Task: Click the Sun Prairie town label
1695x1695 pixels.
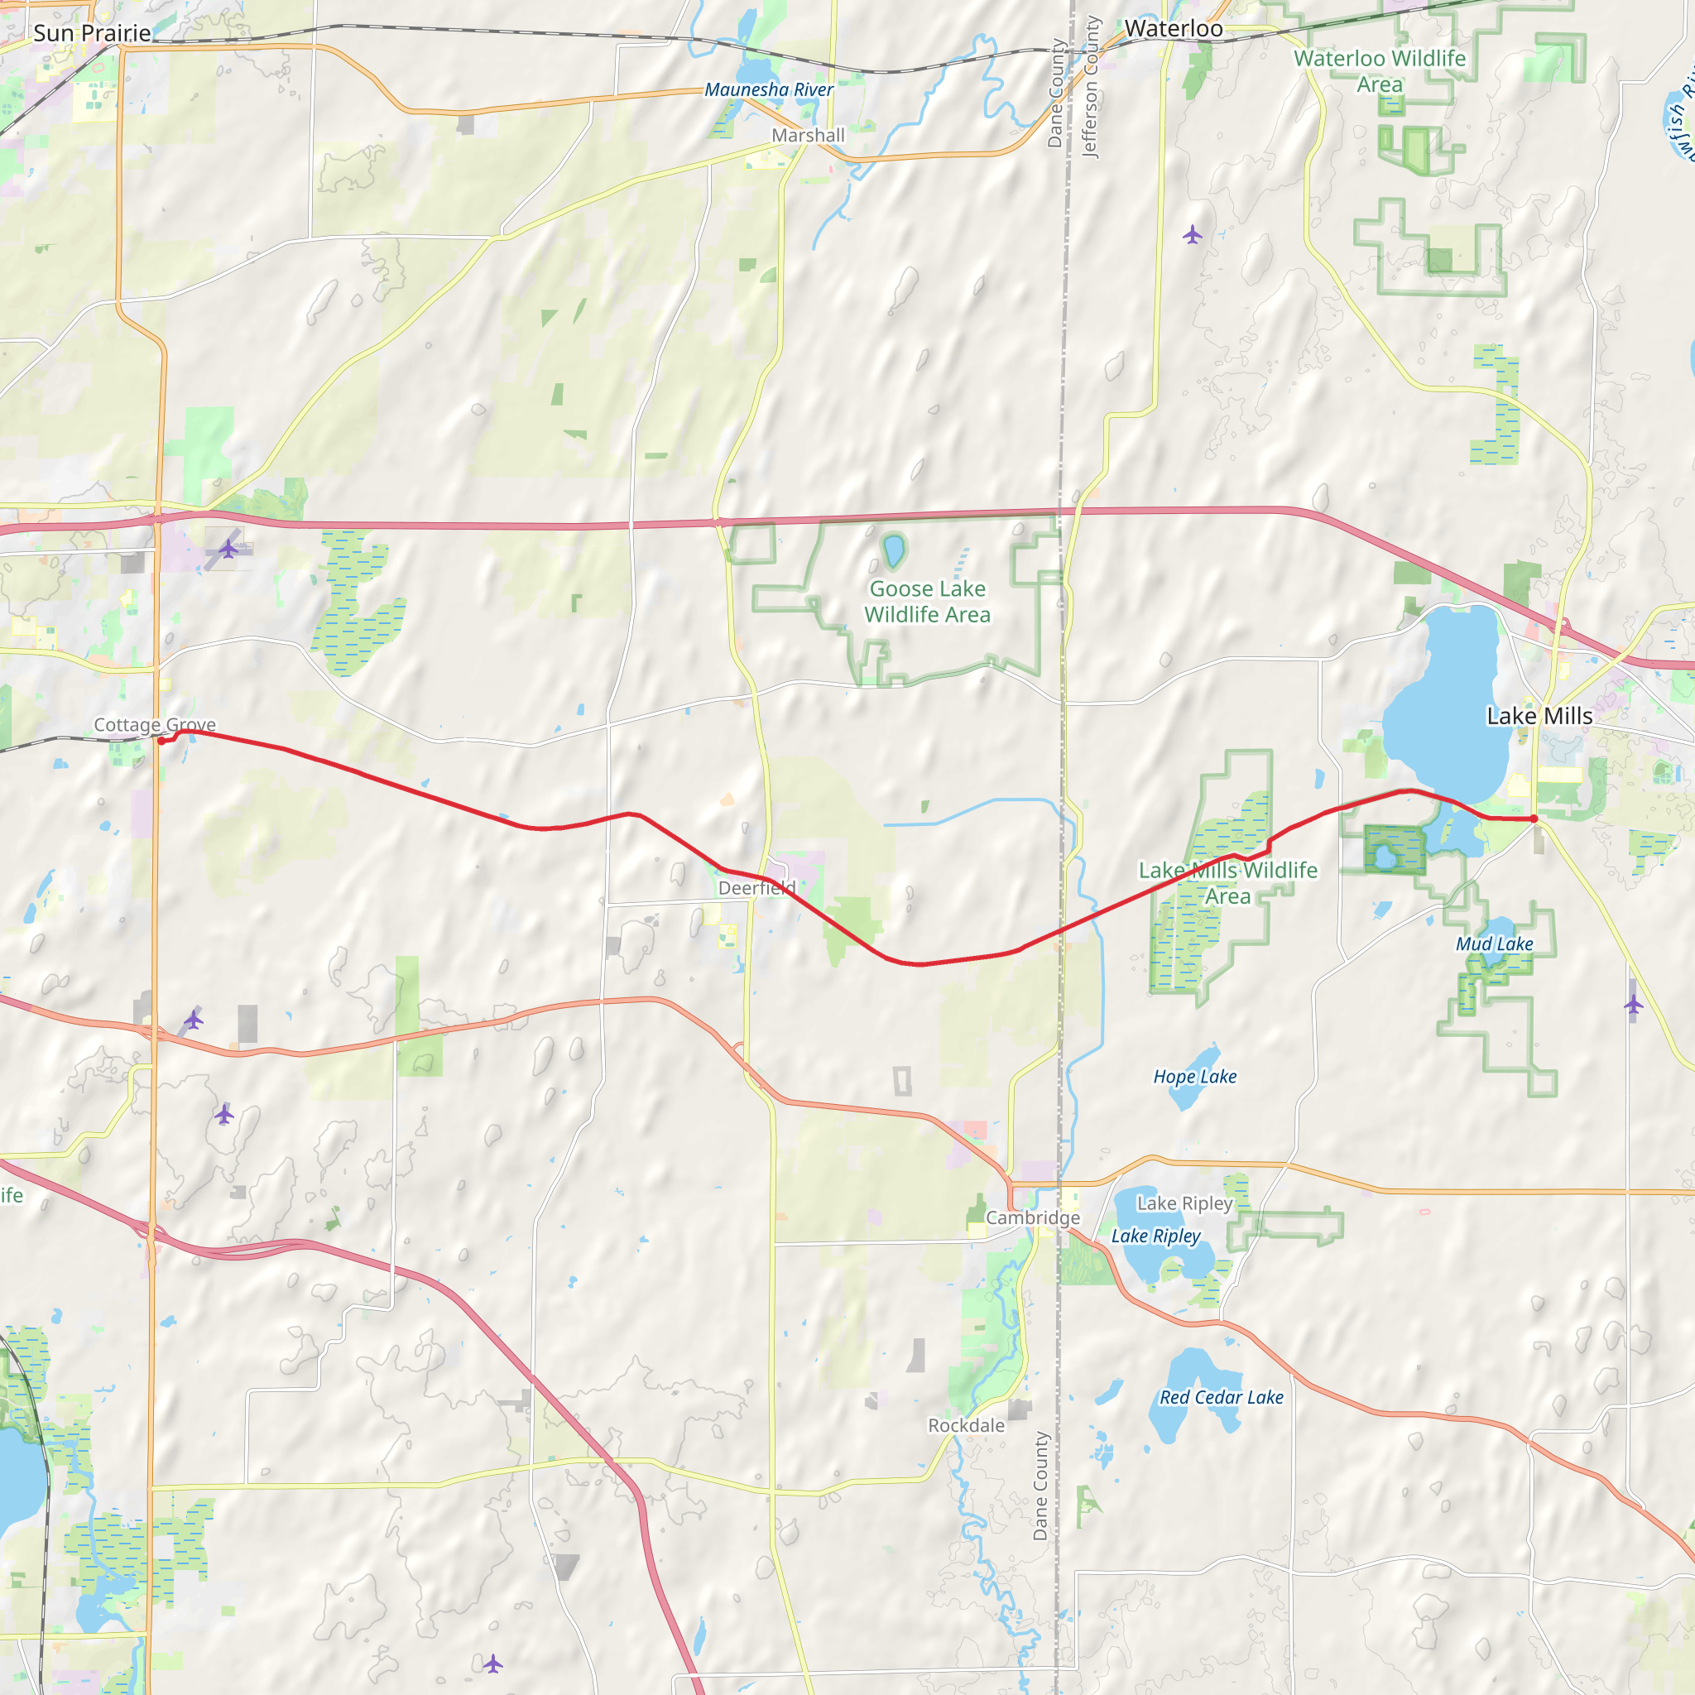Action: pyautogui.click(x=92, y=33)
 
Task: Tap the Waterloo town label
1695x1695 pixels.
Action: pyautogui.click(x=1173, y=29)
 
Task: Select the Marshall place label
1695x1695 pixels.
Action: pyautogui.click(x=808, y=135)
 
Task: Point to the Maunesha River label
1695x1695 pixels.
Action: pyautogui.click(x=769, y=89)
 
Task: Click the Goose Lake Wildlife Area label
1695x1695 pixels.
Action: pyautogui.click(x=927, y=601)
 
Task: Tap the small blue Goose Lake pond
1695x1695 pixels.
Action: pyautogui.click(x=893, y=551)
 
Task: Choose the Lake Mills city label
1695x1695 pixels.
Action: pyautogui.click(x=1539, y=716)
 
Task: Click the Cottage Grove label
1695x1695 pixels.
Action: pyautogui.click(x=155, y=725)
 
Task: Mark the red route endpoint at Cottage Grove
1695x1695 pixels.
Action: pyautogui.click(x=161, y=742)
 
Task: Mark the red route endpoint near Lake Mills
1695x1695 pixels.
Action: pyautogui.click(x=1534, y=819)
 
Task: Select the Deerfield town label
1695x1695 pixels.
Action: pyautogui.click(x=756, y=888)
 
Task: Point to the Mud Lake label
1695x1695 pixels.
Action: pyautogui.click(x=1494, y=944)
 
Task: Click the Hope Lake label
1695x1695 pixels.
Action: pyautogui.click(x=1195, y=1077)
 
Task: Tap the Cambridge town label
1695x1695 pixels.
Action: pyautogui.click(x=1033, y=1217)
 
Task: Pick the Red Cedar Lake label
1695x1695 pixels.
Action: pyautogui.click(x=1222, y=1398)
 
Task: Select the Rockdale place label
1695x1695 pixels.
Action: pyautogui.click(x=966, y=1426)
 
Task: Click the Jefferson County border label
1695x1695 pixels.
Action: pyautogui.click(x=1091, y=88)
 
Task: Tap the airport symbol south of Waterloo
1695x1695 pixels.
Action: pyautogui.click(x=1192, y=234)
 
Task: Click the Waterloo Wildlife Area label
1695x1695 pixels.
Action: pyautogui.click(x=1379, y=71)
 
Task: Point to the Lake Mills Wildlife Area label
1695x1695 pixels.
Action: pyautogui.click(x=1227, y=882)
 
